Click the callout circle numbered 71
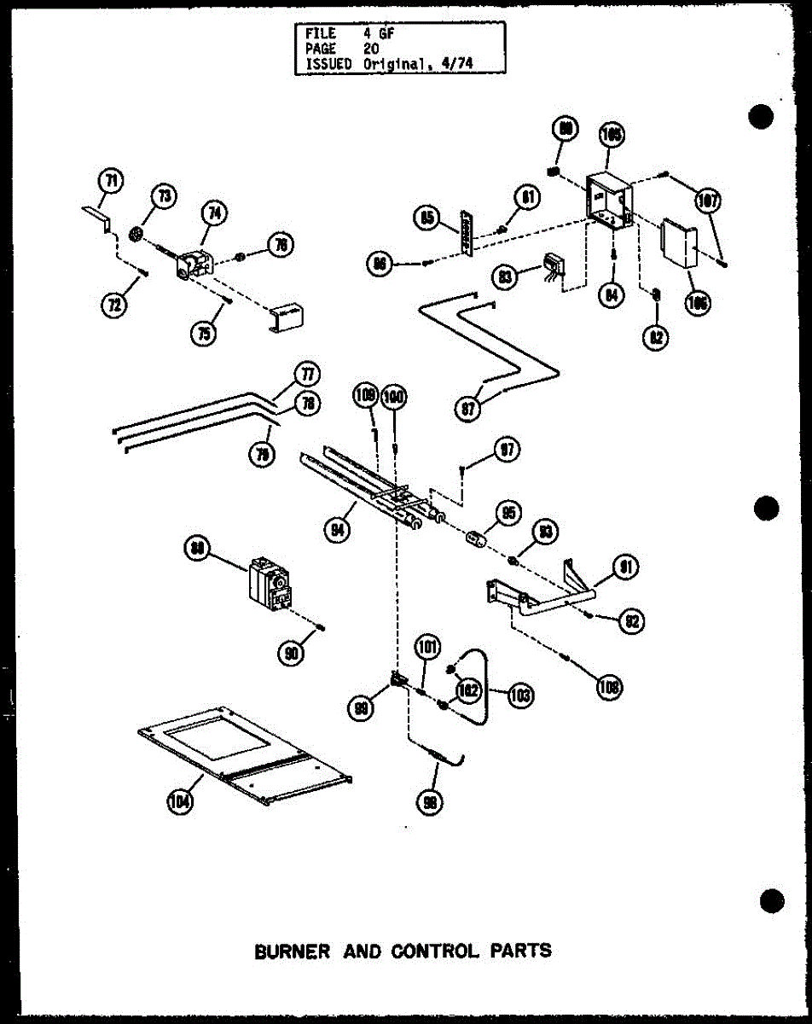(x=111, y=180)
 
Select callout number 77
(x=306, y=374)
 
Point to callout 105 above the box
(x=612, y=134)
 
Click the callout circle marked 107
(x=708, y=201)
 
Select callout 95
(x=509, y=513)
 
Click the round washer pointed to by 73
(x=137, y=233)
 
